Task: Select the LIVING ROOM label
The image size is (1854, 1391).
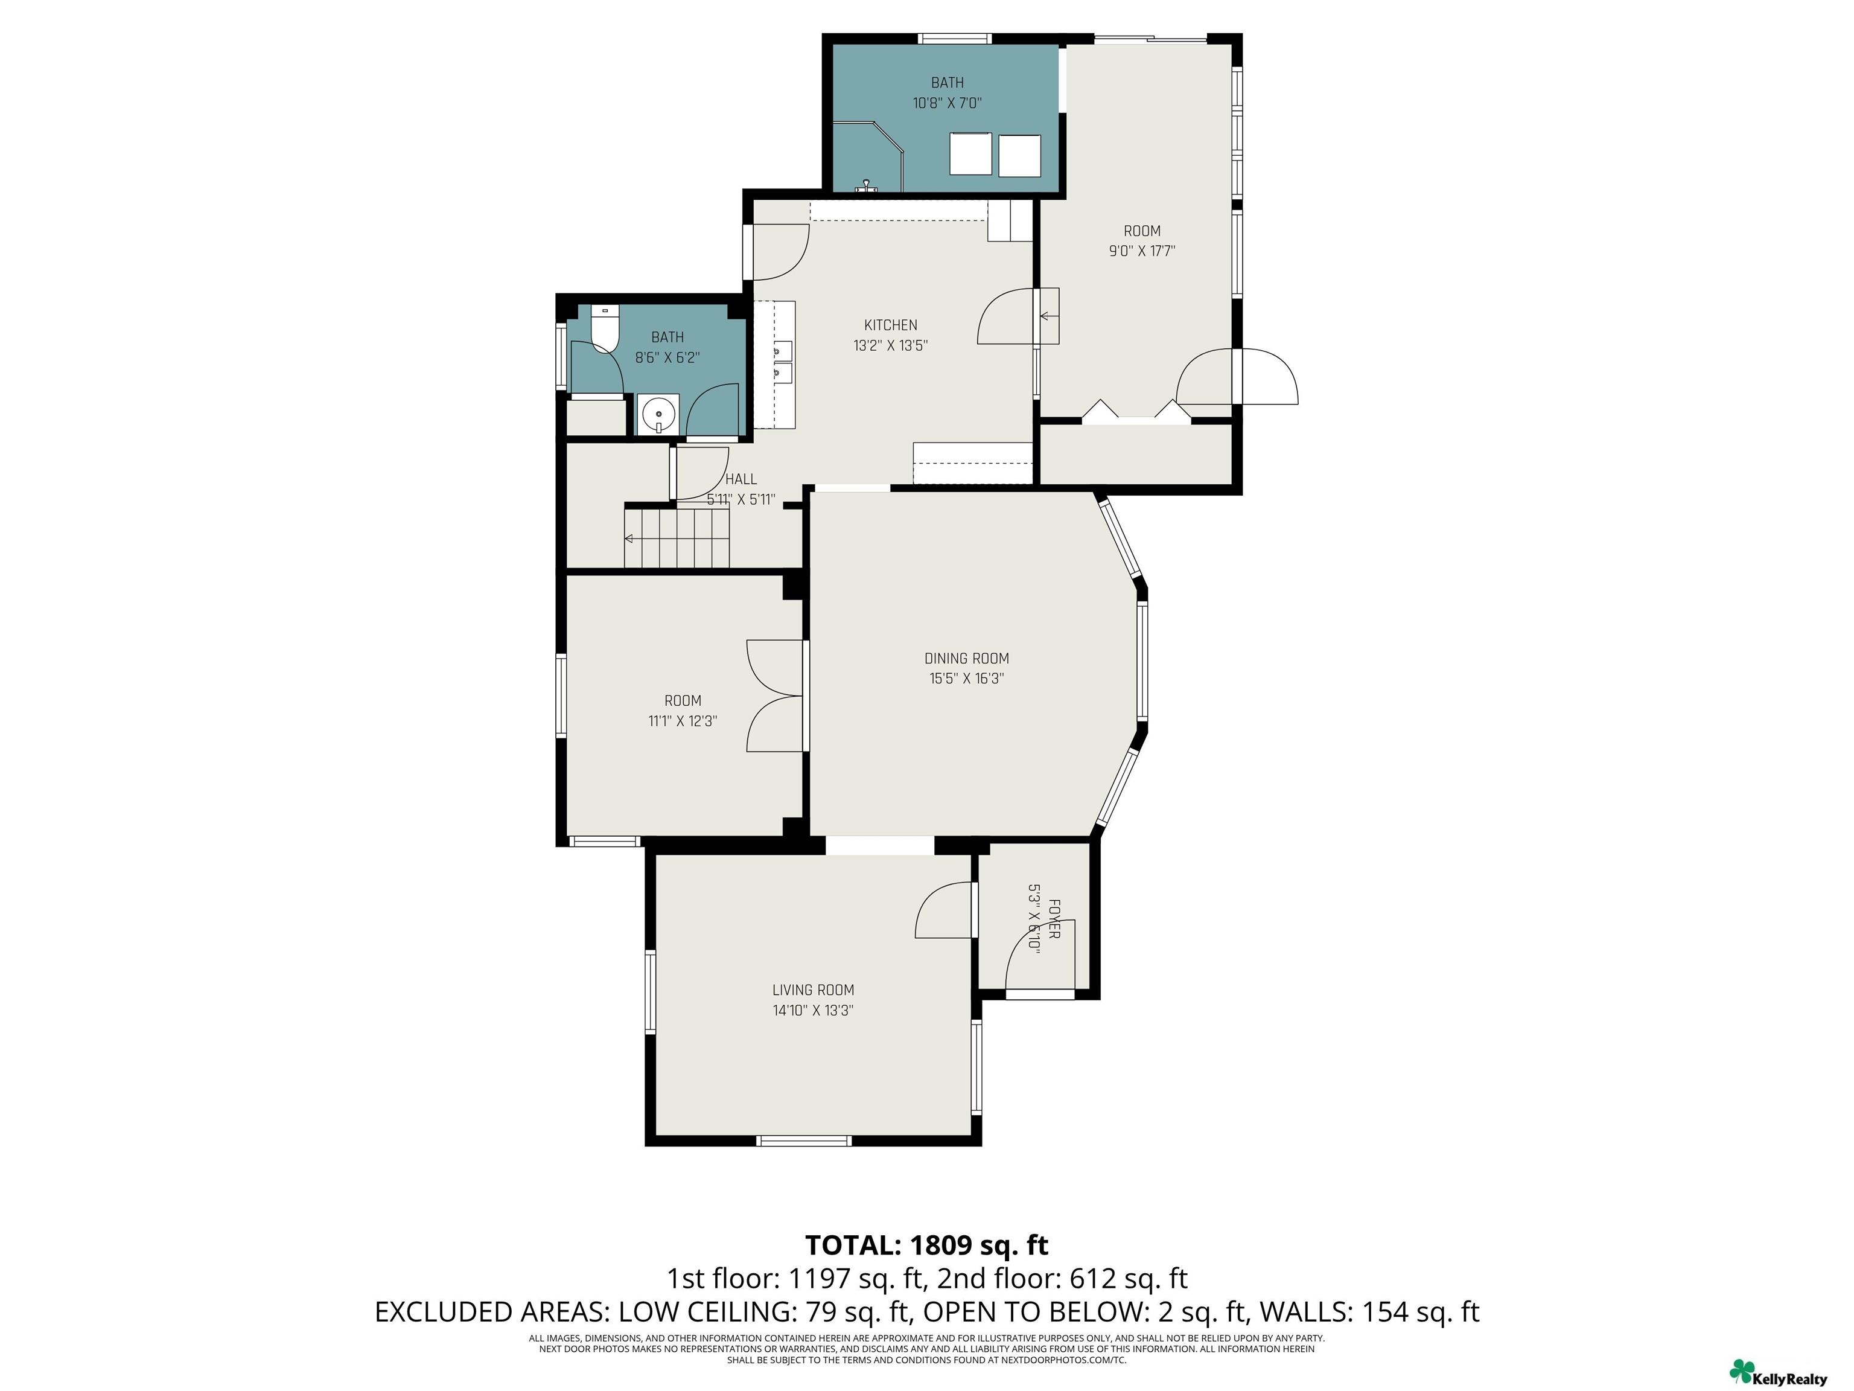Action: click(813, 990)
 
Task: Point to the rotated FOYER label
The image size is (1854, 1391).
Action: click(1054, 919)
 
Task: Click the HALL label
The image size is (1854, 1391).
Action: click(741, 479)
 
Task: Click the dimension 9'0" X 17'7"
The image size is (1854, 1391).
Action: click(1142, 251)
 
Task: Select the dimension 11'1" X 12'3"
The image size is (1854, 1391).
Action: click(682, 721)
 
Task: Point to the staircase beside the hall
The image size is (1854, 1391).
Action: click(677, 537)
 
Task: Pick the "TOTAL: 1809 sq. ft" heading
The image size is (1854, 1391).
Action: click(926, 1245)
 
